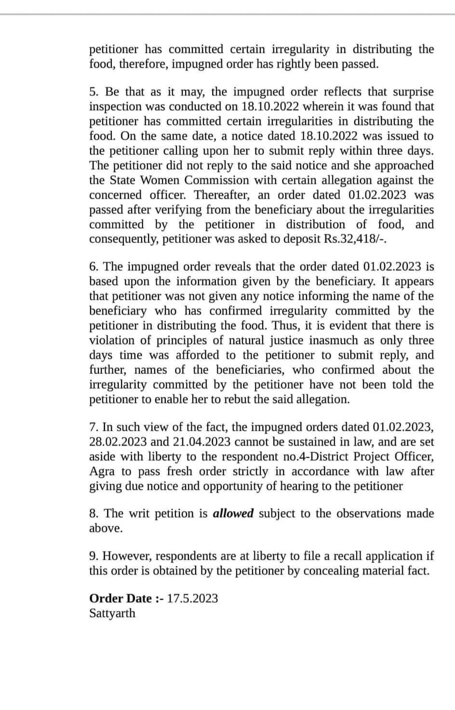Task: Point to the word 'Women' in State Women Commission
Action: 160,180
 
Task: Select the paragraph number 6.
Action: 94,267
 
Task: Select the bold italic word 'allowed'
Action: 233,514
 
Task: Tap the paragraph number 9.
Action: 94,556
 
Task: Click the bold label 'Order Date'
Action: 120,598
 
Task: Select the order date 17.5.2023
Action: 192,598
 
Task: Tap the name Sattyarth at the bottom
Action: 112,613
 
